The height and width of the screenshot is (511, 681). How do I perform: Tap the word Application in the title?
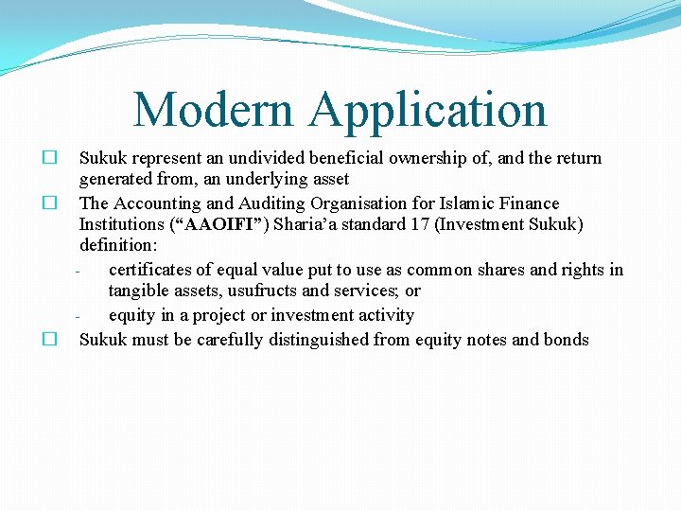click(428, 112)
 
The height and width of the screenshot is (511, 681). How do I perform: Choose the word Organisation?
click(364, 203)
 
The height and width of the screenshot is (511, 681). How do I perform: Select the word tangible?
click(139, 291)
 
